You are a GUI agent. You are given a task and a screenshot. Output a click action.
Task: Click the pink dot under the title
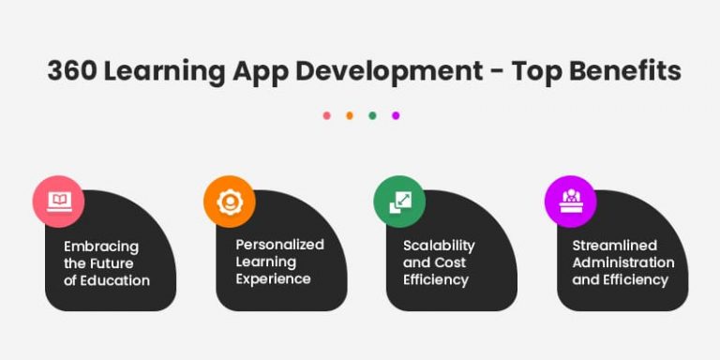[327, 115]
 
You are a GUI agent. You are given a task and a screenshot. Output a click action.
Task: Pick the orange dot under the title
[350, 115]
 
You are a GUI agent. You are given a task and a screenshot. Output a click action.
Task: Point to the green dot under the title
[372, 115]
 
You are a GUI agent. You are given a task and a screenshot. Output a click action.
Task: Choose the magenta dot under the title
[396, 115]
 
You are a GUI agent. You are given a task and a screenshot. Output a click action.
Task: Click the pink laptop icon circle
[59, 201]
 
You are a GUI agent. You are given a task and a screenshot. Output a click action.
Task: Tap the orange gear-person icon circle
[229, 201]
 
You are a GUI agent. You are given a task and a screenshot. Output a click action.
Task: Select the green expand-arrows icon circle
[399, 201]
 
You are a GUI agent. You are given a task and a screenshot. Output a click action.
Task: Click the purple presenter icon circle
[570, 201]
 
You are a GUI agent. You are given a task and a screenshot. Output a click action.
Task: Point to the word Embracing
[101, 247]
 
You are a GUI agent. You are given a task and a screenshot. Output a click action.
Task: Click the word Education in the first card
[115, 280]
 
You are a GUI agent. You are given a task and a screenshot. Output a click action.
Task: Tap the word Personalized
[279, 244]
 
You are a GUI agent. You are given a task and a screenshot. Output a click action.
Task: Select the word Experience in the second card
[273, 278]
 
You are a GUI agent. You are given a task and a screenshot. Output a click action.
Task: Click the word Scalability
[439, 246]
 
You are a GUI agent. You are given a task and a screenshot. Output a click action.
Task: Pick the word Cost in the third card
[451, 262]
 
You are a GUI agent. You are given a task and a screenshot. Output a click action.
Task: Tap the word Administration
[623, 262]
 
